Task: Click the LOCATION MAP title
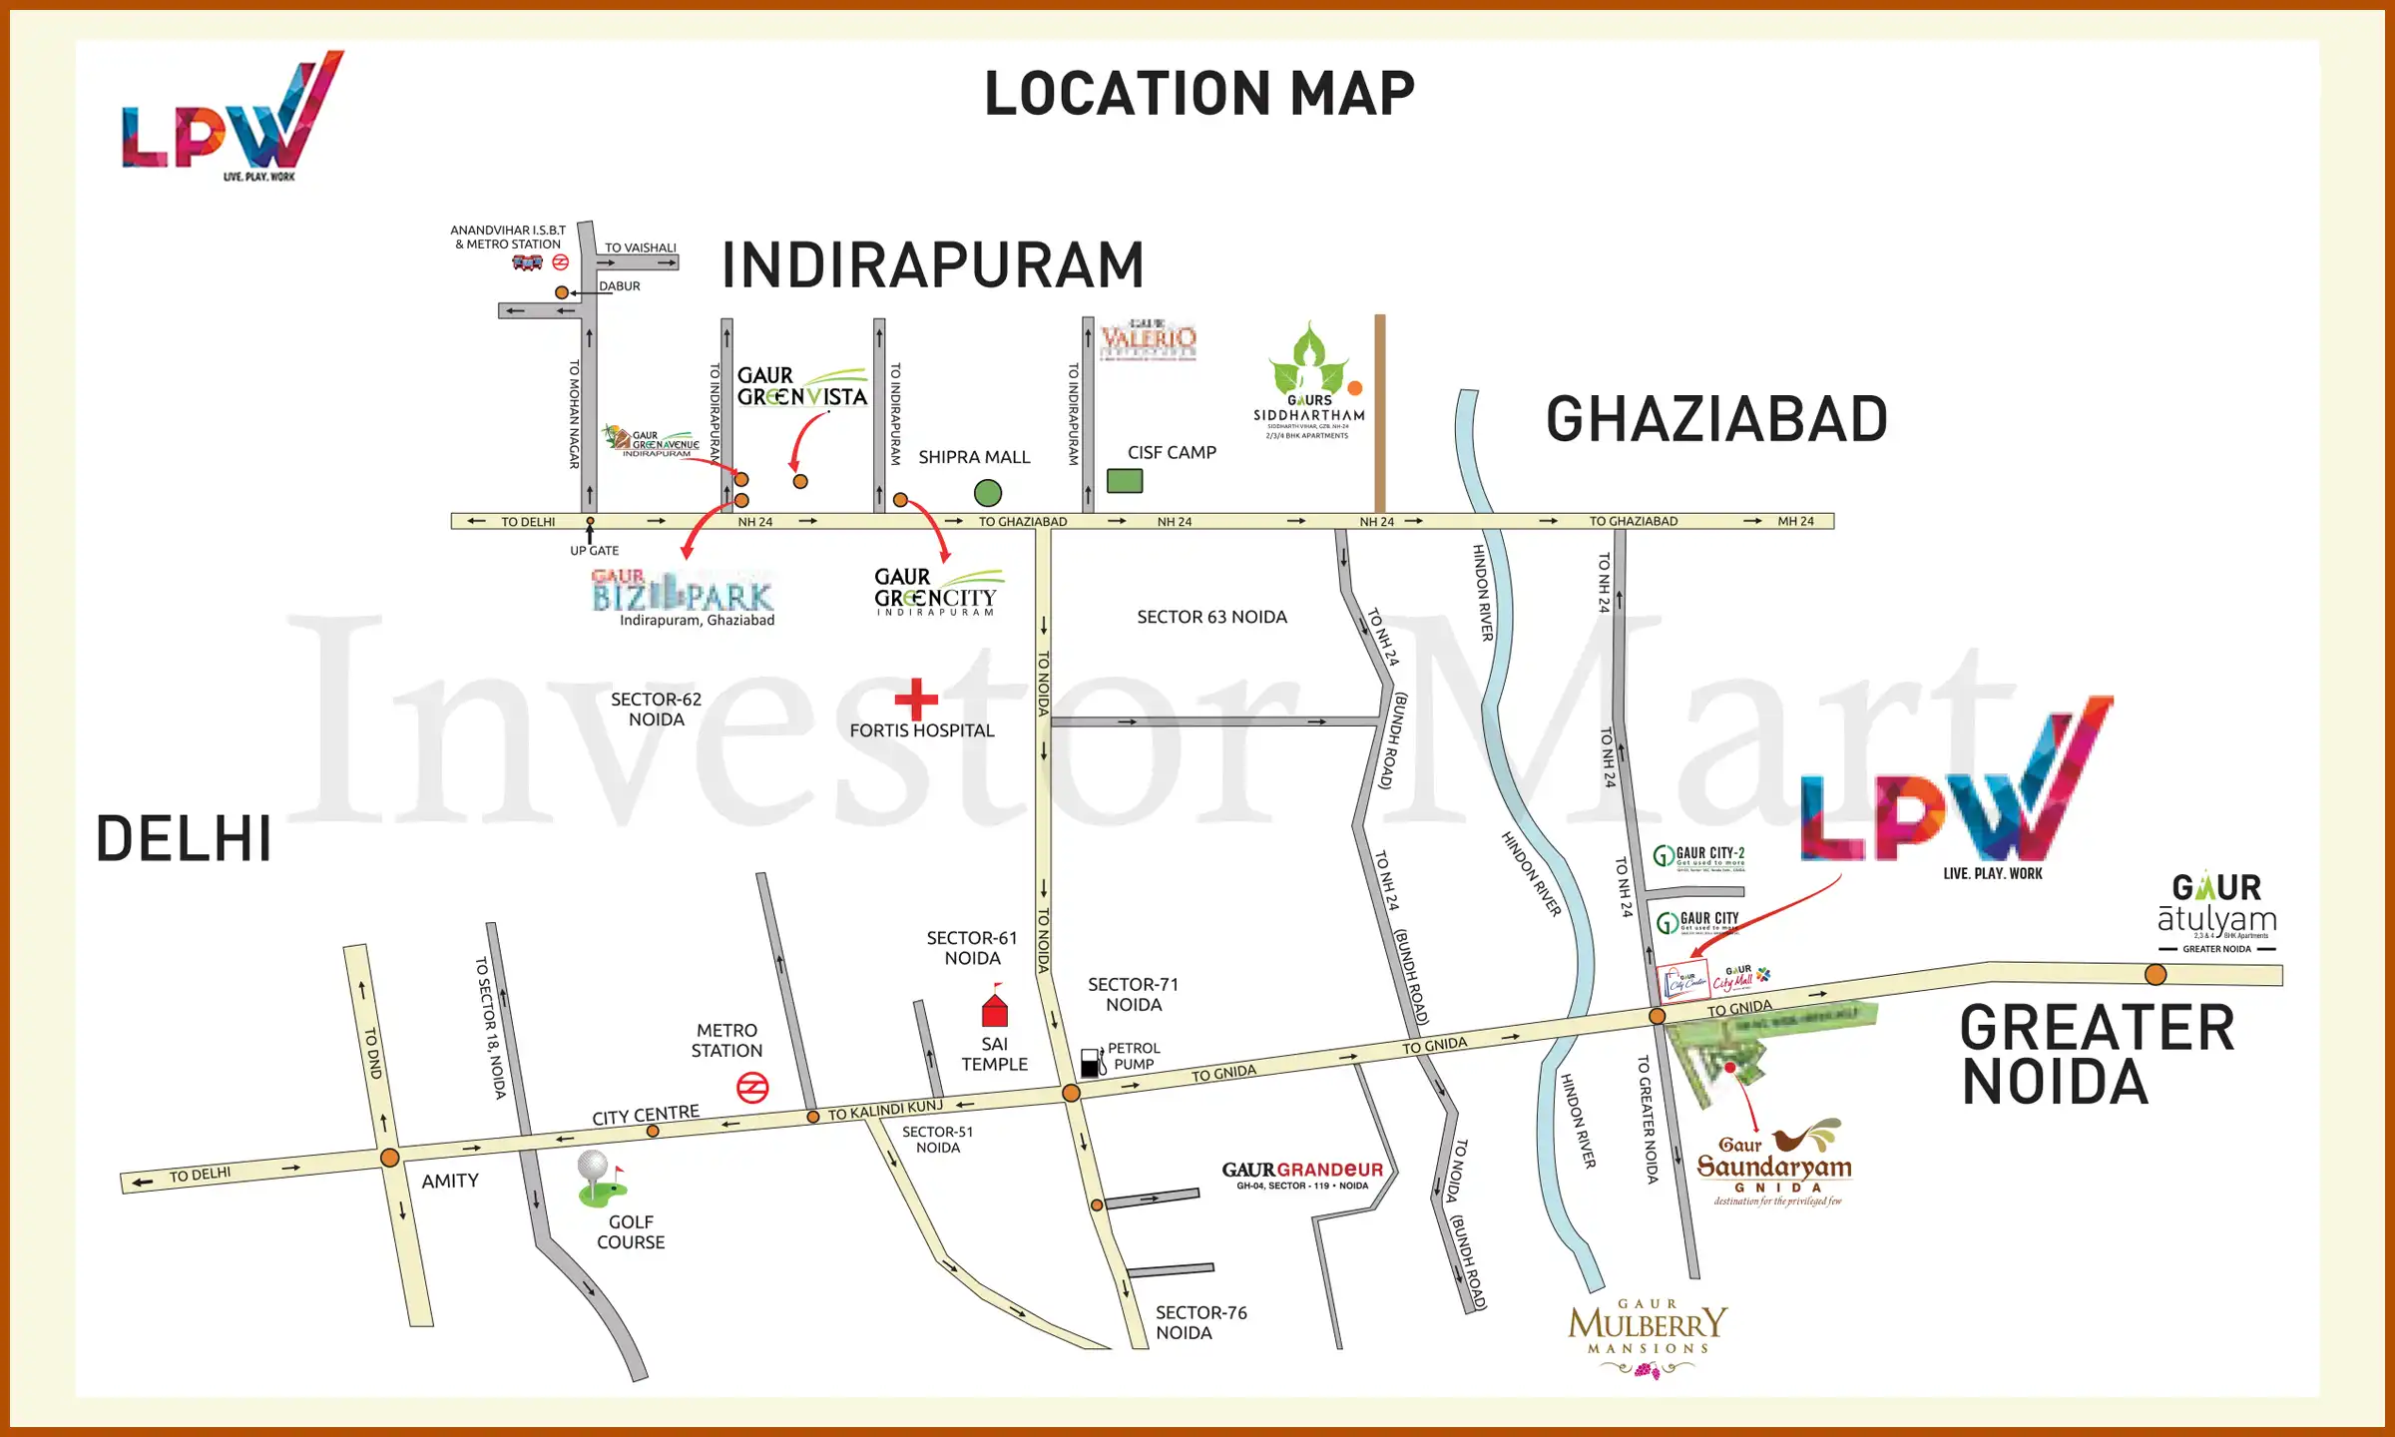point(1198,94)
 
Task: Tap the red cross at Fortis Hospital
point(916,699)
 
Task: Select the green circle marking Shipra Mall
point(987,492)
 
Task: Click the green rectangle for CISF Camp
point(1124,481)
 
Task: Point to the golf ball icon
point(593,1166)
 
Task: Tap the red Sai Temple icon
point(994,1009)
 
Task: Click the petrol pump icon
point(1092,1062)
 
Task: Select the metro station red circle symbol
point(751,1088)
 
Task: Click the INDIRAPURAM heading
point(932,265)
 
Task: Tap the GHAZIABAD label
point(1715,420)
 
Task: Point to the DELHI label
point(184,838)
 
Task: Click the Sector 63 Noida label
point(1211,617)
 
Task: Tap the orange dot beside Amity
point(390,1158)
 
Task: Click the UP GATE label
point(594,551)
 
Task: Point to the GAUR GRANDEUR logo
point(1301,1175)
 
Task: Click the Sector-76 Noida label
point(1200,1322)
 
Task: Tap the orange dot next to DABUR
point(562,292)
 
